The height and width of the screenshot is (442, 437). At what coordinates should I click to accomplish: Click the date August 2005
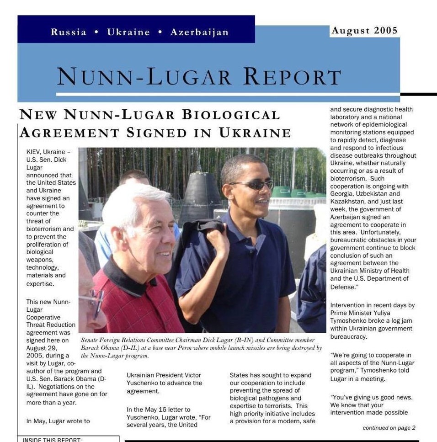click(364, 31)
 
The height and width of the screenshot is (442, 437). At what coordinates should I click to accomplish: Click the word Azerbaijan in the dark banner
click(199, 32)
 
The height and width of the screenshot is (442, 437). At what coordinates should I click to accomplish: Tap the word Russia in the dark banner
click(69, 32)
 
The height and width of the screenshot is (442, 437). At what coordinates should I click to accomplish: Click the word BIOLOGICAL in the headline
click(231, 114)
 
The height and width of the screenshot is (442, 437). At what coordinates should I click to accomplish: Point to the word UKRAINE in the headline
click(255, 133)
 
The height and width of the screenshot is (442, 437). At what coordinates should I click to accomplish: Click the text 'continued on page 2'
click(389, 428)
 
